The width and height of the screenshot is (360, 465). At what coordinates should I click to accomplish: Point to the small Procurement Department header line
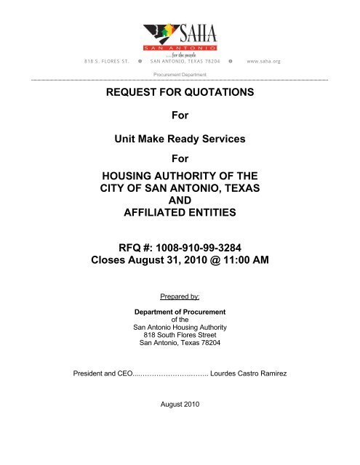click(x=179, y=74)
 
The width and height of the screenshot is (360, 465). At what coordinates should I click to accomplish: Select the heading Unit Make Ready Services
click(x=179, y=137)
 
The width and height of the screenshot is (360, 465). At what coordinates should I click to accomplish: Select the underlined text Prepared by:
click(x=179, y=297)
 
